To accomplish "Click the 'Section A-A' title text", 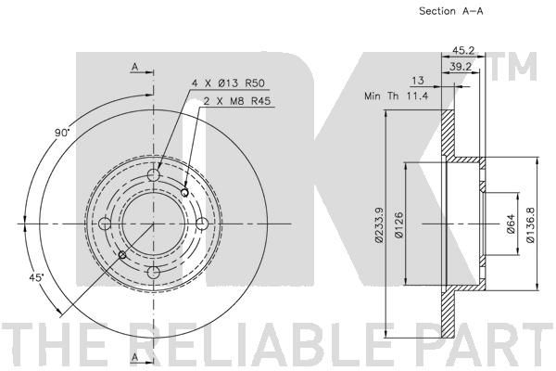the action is (450, 11).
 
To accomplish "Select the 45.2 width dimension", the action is (464, 50).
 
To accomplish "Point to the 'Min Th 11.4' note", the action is (397, 96).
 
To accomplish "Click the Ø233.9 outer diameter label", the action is (379, 224).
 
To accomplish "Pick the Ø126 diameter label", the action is (398, 224).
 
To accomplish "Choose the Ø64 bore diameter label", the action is (511, 224).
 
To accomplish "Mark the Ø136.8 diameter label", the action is (530, 224).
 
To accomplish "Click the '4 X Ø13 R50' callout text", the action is (228, 83).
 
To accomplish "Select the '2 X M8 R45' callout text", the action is (237, 101).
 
